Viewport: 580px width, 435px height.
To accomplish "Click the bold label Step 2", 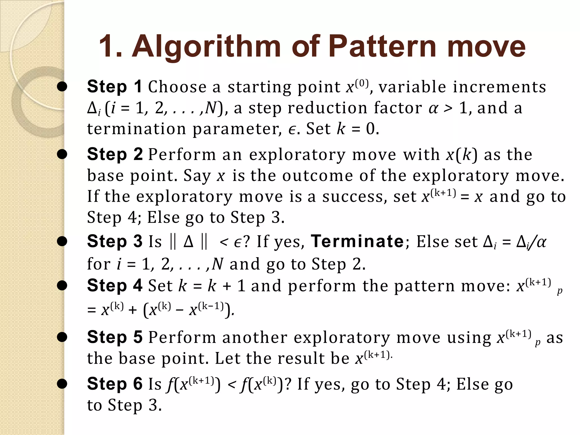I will (x=115, y=154).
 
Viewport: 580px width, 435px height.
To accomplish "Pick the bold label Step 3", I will (x=115, y=241).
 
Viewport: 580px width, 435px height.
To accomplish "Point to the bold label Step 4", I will (x=115, y=285).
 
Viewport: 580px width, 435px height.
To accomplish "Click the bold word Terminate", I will (x=357, y=241).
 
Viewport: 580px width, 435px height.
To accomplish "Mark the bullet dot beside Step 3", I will (x=62, y=241).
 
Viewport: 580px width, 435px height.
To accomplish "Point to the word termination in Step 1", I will (x=137, y=129).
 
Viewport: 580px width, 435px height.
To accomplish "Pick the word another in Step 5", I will (x=255, y=338).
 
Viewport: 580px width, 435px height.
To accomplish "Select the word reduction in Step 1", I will (x=327, y=108).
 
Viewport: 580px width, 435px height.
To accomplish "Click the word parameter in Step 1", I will (x=237, y=129).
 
